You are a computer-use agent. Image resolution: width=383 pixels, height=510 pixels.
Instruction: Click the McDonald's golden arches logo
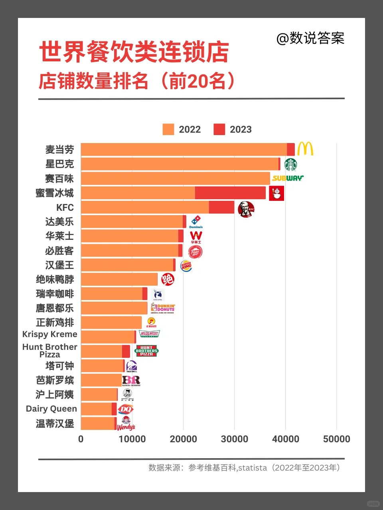coord(305,149)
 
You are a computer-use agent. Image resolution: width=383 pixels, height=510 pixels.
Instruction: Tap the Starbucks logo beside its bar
coord(290,164)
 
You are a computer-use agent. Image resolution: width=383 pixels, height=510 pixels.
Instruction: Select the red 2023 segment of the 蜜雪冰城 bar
coord(230,193)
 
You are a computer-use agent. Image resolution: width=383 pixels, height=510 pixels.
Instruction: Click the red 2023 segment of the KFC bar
coord(221,207)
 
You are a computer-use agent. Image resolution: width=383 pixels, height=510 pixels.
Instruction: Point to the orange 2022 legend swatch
coord(168,129)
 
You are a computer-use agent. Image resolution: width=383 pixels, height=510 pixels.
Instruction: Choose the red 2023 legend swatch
coord(219,129)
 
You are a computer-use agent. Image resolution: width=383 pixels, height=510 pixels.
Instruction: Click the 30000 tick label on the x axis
coord(234,439)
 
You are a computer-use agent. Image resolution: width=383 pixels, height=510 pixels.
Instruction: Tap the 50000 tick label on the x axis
coord(336,439)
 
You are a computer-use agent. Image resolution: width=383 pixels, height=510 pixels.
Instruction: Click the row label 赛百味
coord(59,178)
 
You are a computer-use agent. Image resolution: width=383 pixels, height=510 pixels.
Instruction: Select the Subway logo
coord(288,178)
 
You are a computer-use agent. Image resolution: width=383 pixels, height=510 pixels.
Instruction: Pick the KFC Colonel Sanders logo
coord(246,209)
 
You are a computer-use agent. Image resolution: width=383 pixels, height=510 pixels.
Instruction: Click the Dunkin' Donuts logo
coord(163,308)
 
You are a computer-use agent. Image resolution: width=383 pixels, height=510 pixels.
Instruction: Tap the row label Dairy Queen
coord(51,409)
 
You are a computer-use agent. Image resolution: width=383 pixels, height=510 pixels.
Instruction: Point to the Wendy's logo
coord(126,424)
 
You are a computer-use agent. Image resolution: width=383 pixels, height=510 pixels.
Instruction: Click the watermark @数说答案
coord(310,38)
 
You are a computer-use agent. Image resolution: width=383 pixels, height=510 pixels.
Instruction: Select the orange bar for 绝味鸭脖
coord(119,279)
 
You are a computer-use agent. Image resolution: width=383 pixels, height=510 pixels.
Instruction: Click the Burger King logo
coord(186,265)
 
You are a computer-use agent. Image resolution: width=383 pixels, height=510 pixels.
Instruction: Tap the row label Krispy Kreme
coord(50,334)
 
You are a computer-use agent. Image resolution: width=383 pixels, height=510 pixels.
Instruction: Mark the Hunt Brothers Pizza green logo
coord(146,351)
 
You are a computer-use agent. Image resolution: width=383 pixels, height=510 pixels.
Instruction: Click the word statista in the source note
coord(252,468)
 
